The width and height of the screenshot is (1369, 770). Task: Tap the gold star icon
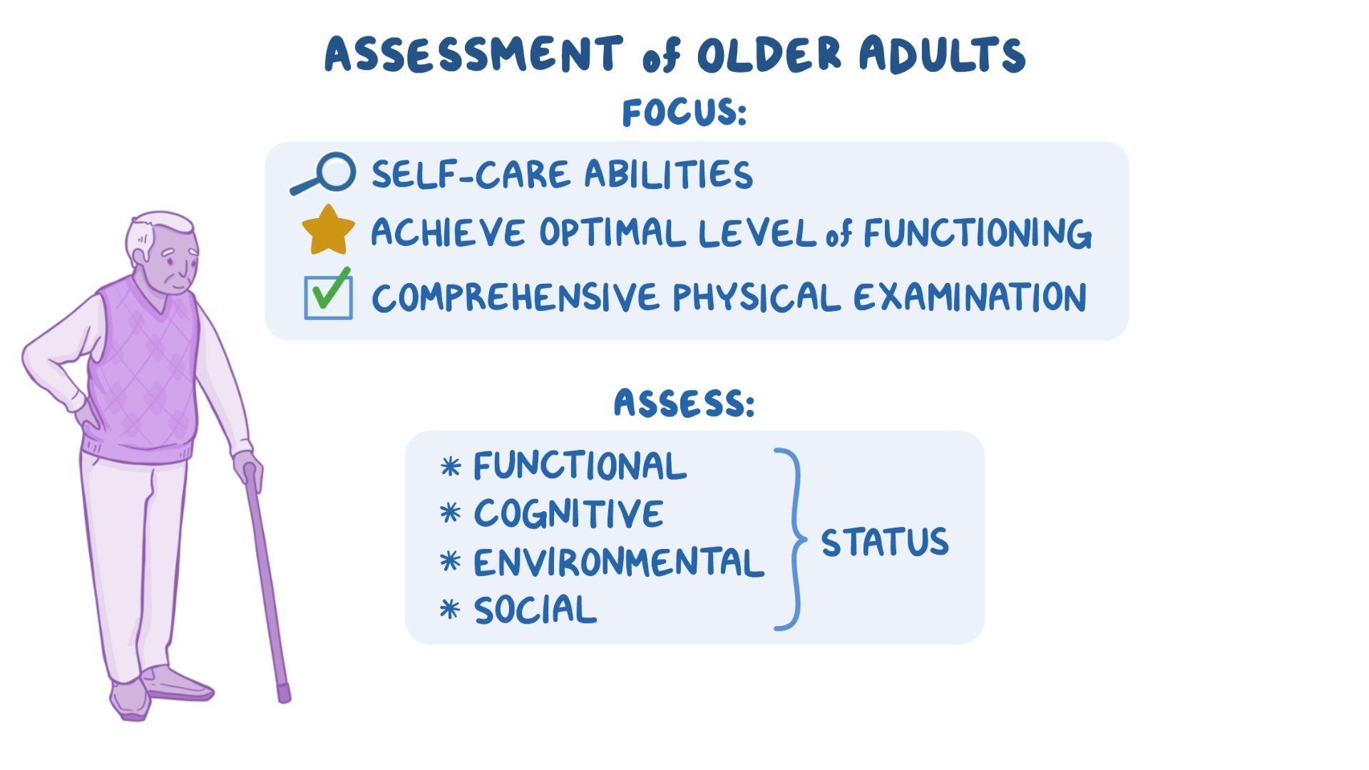(328, 231)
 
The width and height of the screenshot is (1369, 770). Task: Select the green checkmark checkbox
(328, 295)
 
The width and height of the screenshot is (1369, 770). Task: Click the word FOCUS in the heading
(682, 113)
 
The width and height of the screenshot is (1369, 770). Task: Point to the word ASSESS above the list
(682, 404)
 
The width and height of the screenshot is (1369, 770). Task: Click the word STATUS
(884, 542)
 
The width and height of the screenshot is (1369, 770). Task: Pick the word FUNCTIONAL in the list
(580, 466)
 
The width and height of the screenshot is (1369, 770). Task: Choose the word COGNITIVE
(568, 514)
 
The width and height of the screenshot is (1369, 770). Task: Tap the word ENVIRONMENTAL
(618, 563)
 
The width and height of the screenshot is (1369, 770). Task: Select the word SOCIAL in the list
(535, 610)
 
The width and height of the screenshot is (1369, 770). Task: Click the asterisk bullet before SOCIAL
(450, 610)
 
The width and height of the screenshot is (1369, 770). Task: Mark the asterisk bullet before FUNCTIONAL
(450, 467)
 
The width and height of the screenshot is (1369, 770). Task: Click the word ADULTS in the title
(941, 54)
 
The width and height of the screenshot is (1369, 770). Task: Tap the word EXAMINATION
(970, 297)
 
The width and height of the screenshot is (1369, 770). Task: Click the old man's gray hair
(153, 228)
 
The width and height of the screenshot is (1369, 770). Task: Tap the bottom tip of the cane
(284, 695)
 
